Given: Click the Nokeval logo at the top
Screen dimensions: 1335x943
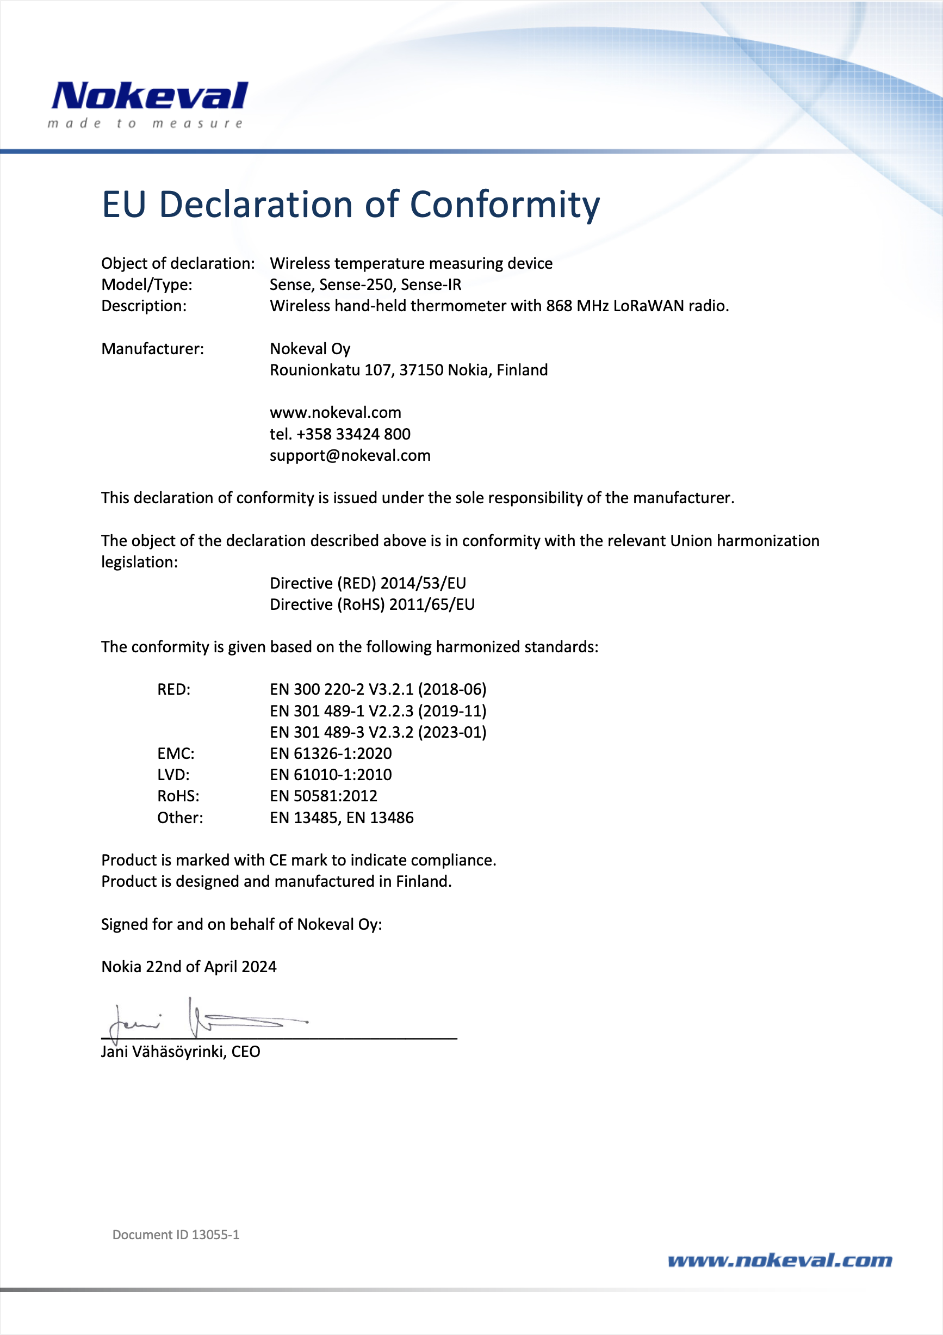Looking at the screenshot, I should pyautogui.click(x=150, y=96).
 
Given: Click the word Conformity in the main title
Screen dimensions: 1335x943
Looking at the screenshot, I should pyautogui.click(x=505, y=205).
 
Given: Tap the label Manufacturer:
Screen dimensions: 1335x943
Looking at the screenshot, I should pyautogui.click(x=152, y=349).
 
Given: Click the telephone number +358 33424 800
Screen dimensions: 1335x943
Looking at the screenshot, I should pyautogui.click(x=353, y=434).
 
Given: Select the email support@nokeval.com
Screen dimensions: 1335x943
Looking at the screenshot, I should pyautogui.click(x=350, y=456).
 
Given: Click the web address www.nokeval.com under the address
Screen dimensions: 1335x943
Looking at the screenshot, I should pyautogui.click(x=336, y=413).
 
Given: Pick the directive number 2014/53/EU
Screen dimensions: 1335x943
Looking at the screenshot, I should pyautogui.click(x=423, y=583).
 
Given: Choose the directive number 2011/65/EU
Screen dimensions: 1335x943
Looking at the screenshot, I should pyautogui.click(x=432, y=605).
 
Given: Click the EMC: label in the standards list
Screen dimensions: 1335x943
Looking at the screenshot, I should pyautogui.click(x=176, y=753).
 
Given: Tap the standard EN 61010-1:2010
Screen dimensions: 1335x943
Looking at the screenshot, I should pyautogui.click(x=331, y=775).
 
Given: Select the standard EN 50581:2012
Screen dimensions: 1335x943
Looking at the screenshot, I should pyautogui.click(x=323, y=796).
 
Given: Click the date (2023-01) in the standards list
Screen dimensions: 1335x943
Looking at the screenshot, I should pyautogui.click(x=452, y=733).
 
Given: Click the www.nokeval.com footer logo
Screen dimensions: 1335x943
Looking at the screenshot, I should pyautogui.click(x=780, y=1260).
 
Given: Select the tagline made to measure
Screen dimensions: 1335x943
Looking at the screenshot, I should pyautogui.click(x=145, y=124).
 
